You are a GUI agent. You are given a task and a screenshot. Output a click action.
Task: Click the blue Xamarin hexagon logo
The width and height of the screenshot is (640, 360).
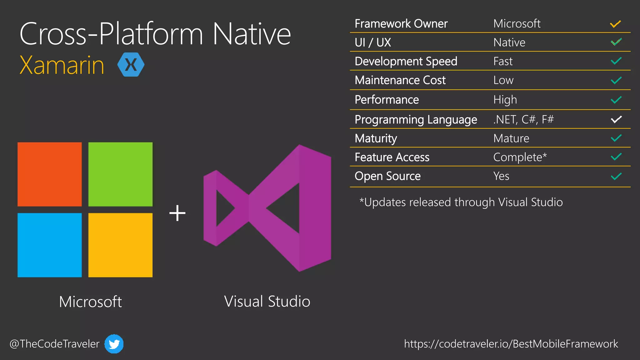coord(131,65)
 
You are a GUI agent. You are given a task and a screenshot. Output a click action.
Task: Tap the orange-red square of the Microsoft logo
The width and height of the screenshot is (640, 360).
coord(50,174)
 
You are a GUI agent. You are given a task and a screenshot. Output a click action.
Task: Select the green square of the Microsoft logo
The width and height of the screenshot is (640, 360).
coord(120,174)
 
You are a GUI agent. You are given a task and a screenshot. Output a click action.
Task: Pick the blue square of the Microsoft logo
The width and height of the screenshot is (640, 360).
coord(50,245)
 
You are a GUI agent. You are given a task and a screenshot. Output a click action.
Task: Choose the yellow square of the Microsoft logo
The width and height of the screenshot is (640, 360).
coord(120,245)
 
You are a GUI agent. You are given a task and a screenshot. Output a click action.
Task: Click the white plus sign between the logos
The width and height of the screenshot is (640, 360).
coord(177,213)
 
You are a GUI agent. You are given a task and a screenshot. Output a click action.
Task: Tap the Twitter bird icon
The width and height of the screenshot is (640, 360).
coord(114,344)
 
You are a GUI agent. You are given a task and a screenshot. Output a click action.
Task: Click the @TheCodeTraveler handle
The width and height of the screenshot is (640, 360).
coord(54,344)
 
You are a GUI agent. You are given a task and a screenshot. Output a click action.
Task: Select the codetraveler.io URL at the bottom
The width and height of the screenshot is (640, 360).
coord(511,344)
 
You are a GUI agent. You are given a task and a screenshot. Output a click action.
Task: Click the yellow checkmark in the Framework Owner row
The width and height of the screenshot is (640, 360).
coord(615,24)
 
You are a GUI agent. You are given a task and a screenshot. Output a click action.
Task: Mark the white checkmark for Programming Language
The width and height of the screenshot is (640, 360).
coord(616,119)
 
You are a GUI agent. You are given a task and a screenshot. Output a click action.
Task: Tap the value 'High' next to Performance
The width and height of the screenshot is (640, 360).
coord(505,100)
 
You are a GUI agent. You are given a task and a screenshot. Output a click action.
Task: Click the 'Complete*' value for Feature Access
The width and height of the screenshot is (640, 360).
coord(520,157)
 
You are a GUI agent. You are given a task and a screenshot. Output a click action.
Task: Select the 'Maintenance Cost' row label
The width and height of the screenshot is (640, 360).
coord(400,80)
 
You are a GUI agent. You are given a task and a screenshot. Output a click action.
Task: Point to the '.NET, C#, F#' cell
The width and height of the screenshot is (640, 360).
coord(523,119)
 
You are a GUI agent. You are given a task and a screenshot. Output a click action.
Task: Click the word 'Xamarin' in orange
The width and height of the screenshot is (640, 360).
coord(62,65)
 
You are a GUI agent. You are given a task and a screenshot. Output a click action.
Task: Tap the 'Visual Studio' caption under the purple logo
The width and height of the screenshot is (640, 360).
coord(267,302)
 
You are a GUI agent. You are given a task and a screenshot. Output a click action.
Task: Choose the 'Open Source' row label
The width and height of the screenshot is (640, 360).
coord(387,176)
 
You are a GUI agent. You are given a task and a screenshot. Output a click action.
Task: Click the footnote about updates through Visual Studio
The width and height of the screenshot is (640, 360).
coord(461,202)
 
